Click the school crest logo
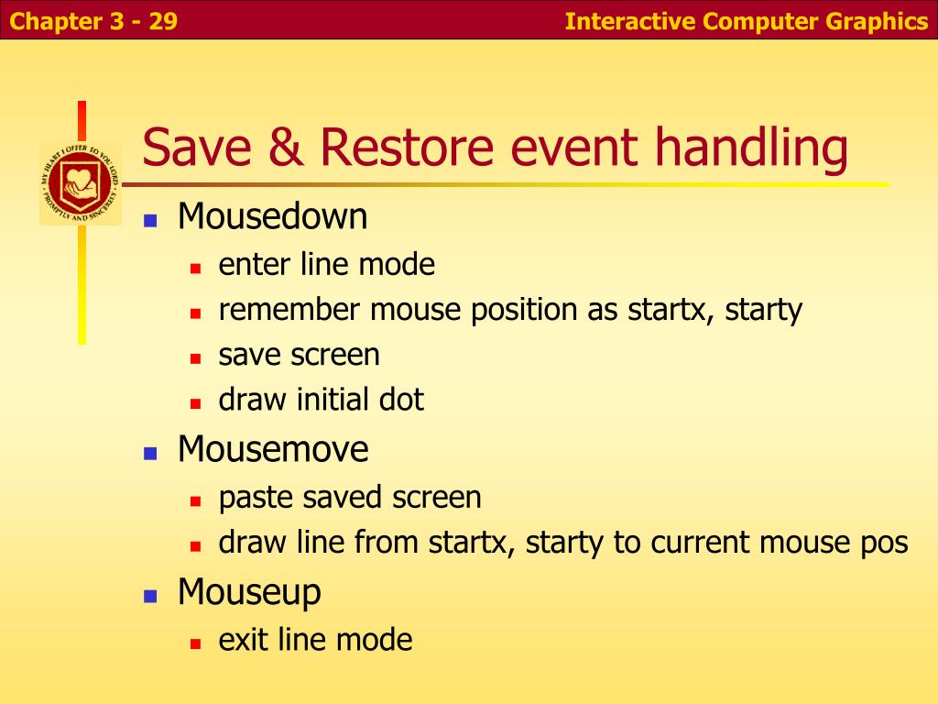[x=81, y=183]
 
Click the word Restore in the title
[x=407, y=148]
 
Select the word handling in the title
[x=752, y=149]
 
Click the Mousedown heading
[x=273, y=216]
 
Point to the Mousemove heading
[x=273, y=449]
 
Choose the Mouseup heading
[x=249, y=594]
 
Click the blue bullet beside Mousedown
[x=150, y=221]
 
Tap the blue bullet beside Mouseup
[x=150, y=596]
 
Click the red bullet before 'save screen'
[x=195, y=359]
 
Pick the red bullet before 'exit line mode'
[x=195, y=644]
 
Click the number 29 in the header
[x=163, y=22]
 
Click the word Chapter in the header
[x=56, y=22]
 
